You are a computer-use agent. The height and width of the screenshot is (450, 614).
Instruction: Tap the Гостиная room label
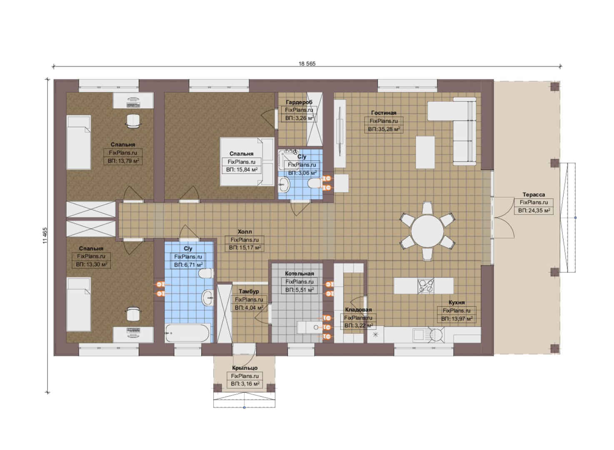point(384,112)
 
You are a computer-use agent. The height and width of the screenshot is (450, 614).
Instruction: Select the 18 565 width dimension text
point(307,64)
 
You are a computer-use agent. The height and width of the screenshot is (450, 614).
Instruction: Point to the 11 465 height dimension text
point(45,235)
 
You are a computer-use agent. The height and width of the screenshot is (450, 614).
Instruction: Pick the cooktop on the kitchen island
point(425,286)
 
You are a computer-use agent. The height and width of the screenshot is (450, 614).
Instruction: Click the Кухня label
point(457,302)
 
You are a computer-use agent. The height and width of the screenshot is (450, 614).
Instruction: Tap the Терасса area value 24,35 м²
point(534,210)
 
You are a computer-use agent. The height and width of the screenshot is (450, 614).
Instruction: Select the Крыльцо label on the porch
point(245,368)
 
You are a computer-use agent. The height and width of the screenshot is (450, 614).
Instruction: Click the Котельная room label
point(300,273)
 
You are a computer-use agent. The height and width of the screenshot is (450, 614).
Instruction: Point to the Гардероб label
point(299,102)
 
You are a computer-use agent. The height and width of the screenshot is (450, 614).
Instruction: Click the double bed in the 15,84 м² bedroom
point(247,162)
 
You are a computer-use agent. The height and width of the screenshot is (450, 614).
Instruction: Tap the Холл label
point(245,232)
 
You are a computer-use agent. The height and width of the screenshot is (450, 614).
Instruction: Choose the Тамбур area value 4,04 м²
point(249,307)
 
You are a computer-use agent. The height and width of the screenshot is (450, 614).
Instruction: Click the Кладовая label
point(358,310)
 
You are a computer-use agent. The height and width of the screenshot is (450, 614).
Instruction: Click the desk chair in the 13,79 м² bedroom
point(133,121)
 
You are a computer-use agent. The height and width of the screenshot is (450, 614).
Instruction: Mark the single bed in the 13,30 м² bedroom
point(79,305)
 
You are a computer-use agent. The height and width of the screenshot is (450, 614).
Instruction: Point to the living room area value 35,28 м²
point(384,129)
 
